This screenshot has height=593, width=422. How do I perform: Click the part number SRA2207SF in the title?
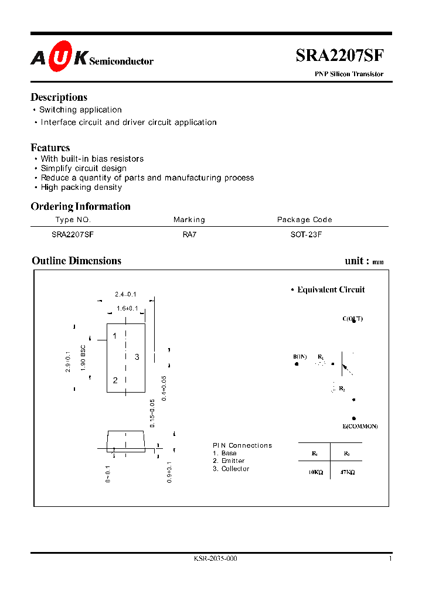pos(339,56)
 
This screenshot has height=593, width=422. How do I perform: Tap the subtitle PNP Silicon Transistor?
pos(346,74)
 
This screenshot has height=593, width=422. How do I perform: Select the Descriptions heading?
pos(59,97)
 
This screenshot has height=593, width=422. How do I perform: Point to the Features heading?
pos(50,148)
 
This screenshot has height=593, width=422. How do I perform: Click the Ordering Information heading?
pos(80,206)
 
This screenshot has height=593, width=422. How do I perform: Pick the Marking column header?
pos(189,220)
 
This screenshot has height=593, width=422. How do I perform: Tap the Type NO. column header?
pos(73,220)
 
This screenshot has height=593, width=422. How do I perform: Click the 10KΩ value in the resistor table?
pos(315,471)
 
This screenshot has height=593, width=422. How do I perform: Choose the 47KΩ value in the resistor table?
pos(346,471)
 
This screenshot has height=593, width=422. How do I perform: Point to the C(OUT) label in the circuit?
pos(352,319)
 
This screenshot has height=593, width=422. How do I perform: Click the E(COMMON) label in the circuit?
pos(360,426)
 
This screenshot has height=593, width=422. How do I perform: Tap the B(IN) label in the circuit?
pos(300,356)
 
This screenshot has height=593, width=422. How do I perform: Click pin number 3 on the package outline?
pos(137,357)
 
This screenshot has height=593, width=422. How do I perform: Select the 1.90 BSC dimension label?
pos(84,358)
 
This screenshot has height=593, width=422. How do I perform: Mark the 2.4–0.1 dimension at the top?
pos(125,294)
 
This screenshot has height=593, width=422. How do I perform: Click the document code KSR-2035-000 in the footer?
pos(215,558)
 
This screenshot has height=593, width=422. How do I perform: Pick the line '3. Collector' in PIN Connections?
pos(231,469)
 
